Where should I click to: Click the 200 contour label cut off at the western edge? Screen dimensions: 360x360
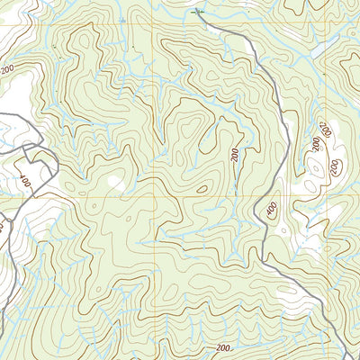click(8, 68)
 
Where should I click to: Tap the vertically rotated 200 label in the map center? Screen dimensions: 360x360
click(235, 156)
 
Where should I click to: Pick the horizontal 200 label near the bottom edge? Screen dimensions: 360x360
click(223, 347)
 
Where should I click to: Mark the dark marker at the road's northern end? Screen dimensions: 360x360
click(199, 13)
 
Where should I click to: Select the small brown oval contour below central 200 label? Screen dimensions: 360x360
click(202, 189)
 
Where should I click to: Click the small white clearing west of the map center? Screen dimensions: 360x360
click(114, 183)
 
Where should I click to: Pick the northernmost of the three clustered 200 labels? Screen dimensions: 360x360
click(326, 131)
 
